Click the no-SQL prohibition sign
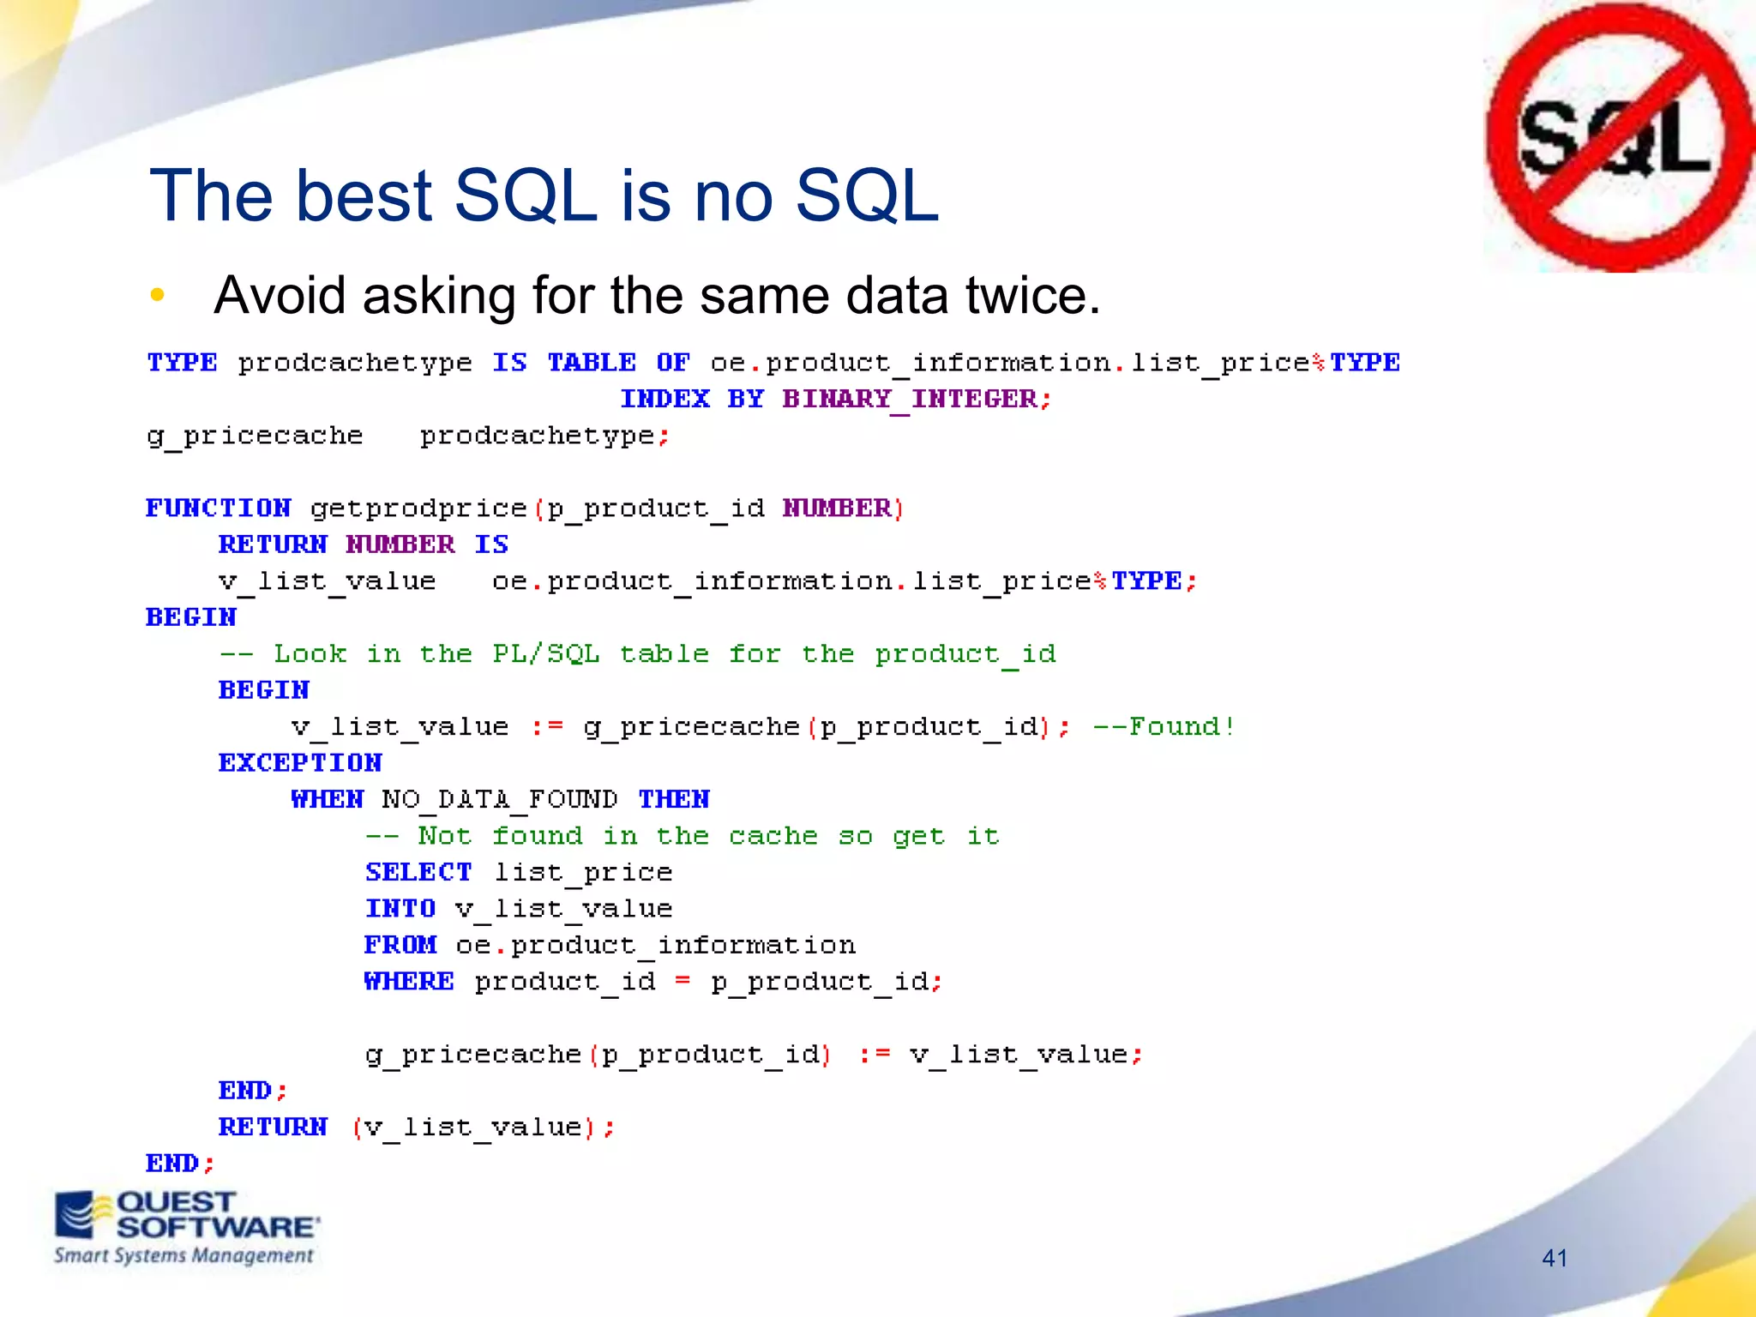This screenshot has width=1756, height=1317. point(1619,137)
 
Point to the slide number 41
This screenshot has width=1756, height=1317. point(1555,1258)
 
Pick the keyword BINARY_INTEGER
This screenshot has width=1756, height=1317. point(910,400)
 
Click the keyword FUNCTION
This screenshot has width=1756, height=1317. point(219,508)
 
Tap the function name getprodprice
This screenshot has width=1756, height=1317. point(418,508)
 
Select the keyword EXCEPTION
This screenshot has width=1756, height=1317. point(300,763)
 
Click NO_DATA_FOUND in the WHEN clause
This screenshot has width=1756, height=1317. point(499,800)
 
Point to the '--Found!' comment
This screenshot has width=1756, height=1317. point(1164,727)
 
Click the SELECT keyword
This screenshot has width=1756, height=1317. point(418,872)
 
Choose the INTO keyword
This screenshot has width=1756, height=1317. point(400,909)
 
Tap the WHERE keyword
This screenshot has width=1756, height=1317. point(409,981)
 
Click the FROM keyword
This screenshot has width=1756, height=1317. point(400,945)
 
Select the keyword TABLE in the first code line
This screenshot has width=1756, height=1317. point(592,363)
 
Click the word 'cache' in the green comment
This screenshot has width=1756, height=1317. point(773,836)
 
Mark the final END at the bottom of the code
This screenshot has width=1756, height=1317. point(173,1164)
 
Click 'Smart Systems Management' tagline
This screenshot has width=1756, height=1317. point(183,1256)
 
